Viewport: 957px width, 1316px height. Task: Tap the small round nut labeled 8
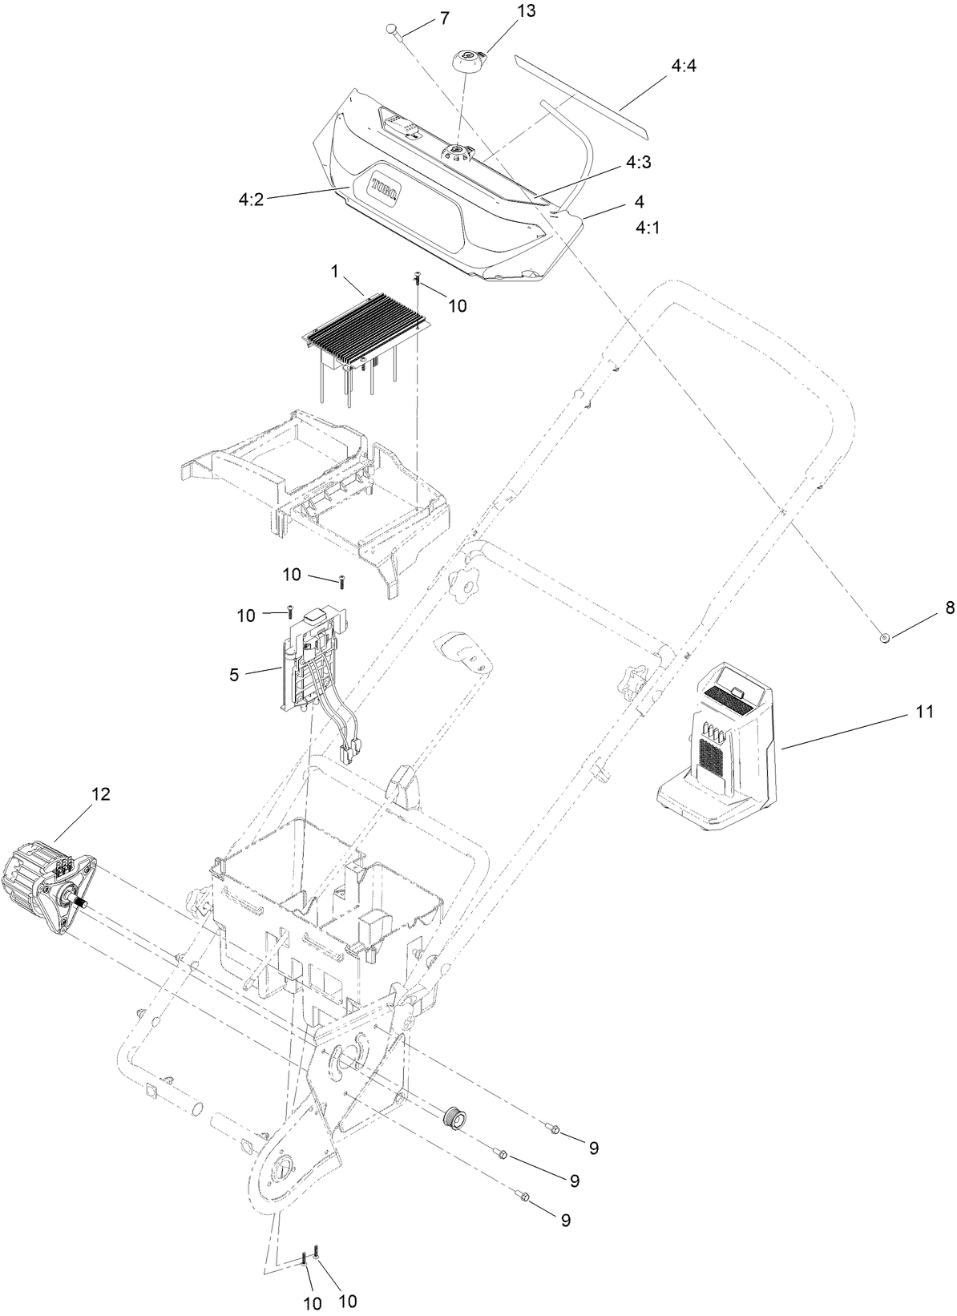[885, 637]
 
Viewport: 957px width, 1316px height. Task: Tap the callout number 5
[234, 675]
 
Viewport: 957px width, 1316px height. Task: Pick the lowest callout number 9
[565, 1221]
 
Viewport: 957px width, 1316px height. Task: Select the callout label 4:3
[639, 162]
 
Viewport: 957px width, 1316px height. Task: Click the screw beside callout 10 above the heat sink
[418, 279]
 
